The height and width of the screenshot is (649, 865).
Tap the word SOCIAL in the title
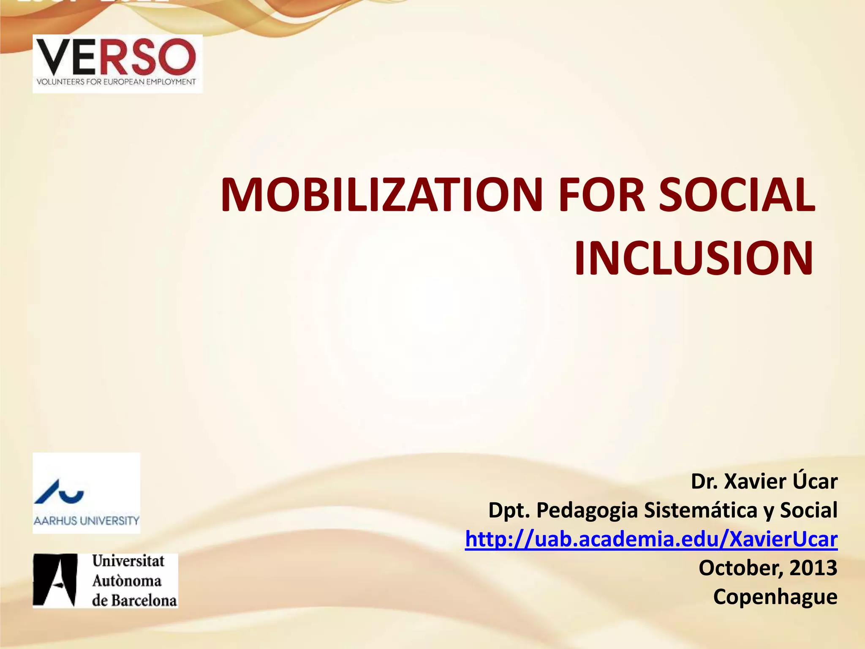point(737,195)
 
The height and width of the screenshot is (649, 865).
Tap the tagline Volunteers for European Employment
point(117,82)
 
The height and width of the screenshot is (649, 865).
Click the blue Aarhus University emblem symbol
point(59,492)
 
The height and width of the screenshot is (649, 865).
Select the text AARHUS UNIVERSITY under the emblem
point(86,521)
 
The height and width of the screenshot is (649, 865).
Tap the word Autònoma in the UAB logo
point(127,581)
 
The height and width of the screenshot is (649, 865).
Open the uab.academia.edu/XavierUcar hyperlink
point(651,540)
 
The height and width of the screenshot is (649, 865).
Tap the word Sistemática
point(701,510)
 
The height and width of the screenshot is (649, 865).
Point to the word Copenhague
point(775,597)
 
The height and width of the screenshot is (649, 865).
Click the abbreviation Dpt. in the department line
point(509,510)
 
